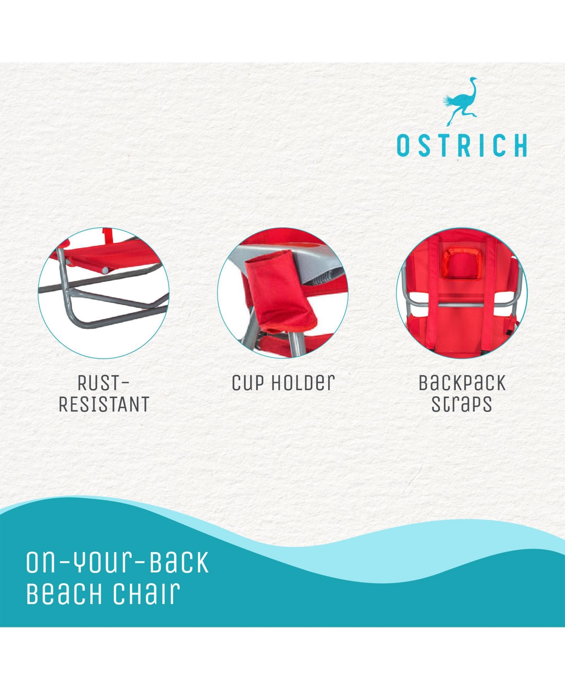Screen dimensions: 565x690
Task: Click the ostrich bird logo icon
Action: point(460,102)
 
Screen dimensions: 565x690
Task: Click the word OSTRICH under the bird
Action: point(462,145)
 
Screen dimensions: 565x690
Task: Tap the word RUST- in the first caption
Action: point(104,383)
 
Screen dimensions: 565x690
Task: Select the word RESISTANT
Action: point(104,404)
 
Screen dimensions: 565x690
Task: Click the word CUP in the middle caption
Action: point(248,383)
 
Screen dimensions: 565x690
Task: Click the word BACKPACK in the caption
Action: point(462,383)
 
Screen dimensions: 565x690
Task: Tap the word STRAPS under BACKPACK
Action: point(461,404)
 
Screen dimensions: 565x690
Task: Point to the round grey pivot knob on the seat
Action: point(105,270)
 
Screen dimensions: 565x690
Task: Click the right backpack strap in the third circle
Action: point(490,291)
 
